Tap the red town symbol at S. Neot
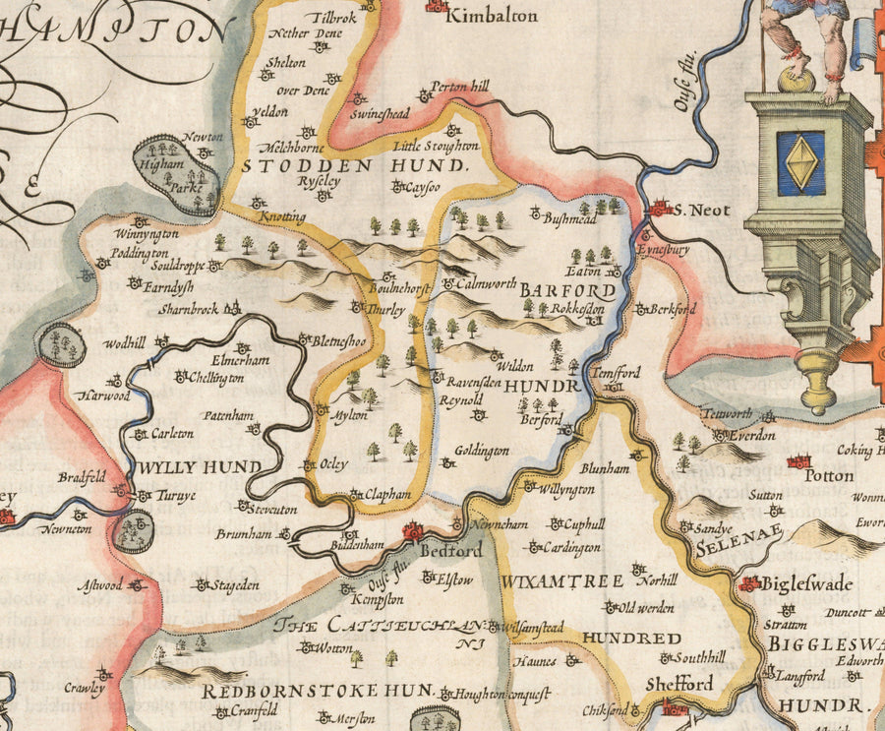tap(661, 208)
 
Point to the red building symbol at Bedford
tap(412, 531)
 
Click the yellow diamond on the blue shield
tap(801, 162)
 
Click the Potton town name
tap(829, 475)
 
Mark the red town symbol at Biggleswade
tap(751, 583)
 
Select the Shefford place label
tap(679, 684)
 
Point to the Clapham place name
tap(385, 496)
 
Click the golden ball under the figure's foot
tap(796, 78)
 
